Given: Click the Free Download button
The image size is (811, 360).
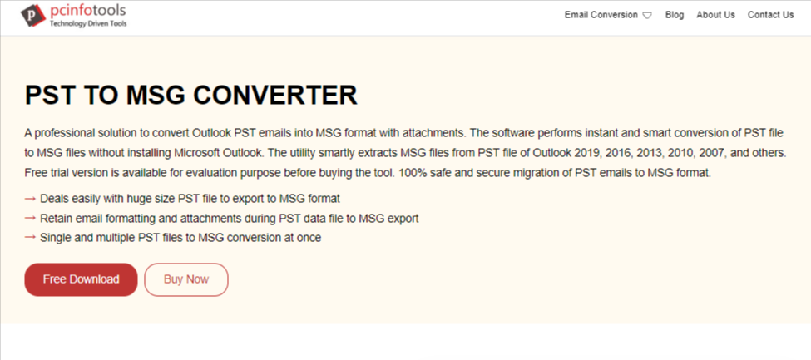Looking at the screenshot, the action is click(x=81, y=280).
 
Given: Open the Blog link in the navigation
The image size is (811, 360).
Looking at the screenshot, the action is click(x=675, y=15).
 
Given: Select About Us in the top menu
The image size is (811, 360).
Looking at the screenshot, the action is click(x=715, y=15).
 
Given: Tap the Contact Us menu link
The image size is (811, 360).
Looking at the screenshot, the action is click(x=770, y=15).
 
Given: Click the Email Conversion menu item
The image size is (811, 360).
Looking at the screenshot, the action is click(x=601, y=15).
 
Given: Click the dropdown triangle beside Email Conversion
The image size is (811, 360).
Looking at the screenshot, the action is click(x=647, y=16).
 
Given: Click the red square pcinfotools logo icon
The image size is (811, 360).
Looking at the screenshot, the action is click(x=33, y=16).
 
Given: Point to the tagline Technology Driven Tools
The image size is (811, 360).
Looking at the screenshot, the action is click(x=88, y=24).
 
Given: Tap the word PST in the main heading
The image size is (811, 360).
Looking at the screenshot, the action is click(x=50, y=95).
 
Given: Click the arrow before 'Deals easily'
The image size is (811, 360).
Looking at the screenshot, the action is click(x=30, y=198).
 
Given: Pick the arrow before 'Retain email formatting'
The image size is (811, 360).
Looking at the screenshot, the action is click(x=30, y=218).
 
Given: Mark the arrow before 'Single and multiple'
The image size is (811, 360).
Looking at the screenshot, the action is click(x=30, y=238).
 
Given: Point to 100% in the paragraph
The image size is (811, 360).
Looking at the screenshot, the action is click(x=409, y=173).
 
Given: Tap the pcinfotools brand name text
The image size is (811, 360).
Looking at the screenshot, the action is click(x=87, y=11).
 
